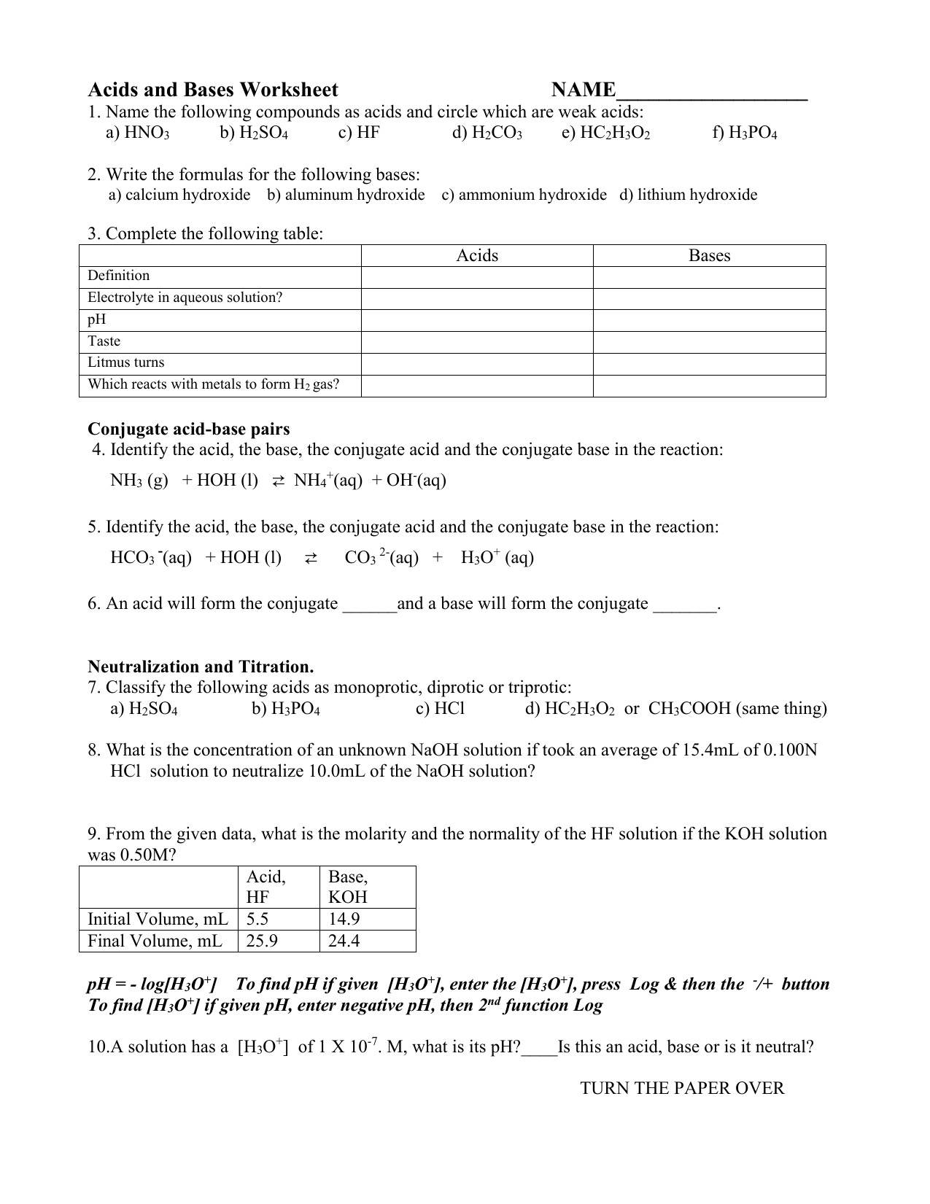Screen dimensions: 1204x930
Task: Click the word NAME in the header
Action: click(583, 90)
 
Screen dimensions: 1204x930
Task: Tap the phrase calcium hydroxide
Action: click(187, 195)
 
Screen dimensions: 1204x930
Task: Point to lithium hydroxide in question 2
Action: click(697, 195)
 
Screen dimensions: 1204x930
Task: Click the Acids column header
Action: click(477, 255)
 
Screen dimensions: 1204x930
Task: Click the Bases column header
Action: click(709, 255)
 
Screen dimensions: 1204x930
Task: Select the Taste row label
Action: click(104, 341)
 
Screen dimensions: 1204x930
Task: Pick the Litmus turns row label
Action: click(126, 362)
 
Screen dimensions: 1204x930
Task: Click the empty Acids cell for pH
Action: click(477, 320)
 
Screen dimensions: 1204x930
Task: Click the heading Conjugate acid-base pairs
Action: click(189, 429)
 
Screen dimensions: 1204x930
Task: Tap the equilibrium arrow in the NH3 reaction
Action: click(277, 481)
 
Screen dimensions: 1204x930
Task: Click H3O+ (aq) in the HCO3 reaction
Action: click(497, 558)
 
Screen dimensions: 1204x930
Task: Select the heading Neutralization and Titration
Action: click(201, 667)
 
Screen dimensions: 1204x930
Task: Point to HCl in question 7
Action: click(449, 709)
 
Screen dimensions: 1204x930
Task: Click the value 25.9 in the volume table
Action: click(262, 941)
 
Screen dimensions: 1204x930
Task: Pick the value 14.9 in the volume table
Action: click(344, 919)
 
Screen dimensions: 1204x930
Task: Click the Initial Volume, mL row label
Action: click(158, 919)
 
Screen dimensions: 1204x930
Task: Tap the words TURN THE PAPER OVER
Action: click(682, 1089)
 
